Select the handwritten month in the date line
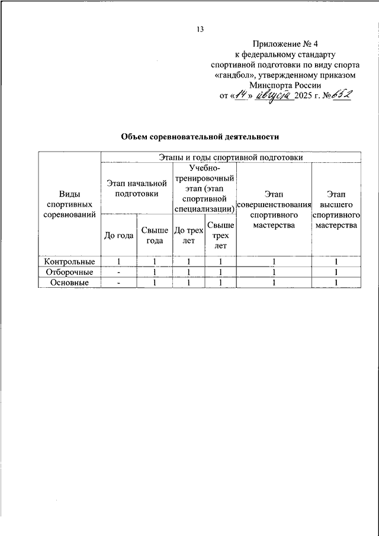[274, 95]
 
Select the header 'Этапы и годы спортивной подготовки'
[231, 158]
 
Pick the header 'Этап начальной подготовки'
[137, 188]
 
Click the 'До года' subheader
[118, 235]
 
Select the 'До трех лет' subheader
[188, 235]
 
